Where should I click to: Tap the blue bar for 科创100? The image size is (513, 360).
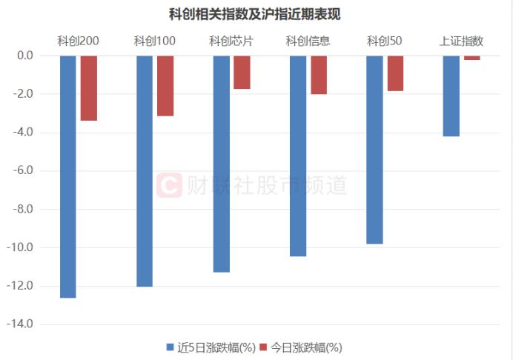pyautogui.click(x=145, y=170)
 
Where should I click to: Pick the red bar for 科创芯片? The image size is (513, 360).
pyautogui.click(x=242, y=72)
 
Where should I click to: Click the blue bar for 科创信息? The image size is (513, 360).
pyautogui.click(x=298, y=156)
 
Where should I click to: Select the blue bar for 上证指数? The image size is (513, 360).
pyautogui.click(x=451, y=96)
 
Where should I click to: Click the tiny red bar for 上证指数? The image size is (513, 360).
pyautogui.click(x=472, y=57)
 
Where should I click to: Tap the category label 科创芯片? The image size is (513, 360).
pyautogui.click(x=231, y=41)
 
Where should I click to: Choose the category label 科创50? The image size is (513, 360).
pyautogui.click(x=384, y=41)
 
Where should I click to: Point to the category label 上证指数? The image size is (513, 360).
pyautogui.click(x=461, y=41)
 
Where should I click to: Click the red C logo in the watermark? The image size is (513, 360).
pyautogui.click(x=169, y=184)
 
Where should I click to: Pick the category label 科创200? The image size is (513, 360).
pyautogui.click(x=79, y=41)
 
